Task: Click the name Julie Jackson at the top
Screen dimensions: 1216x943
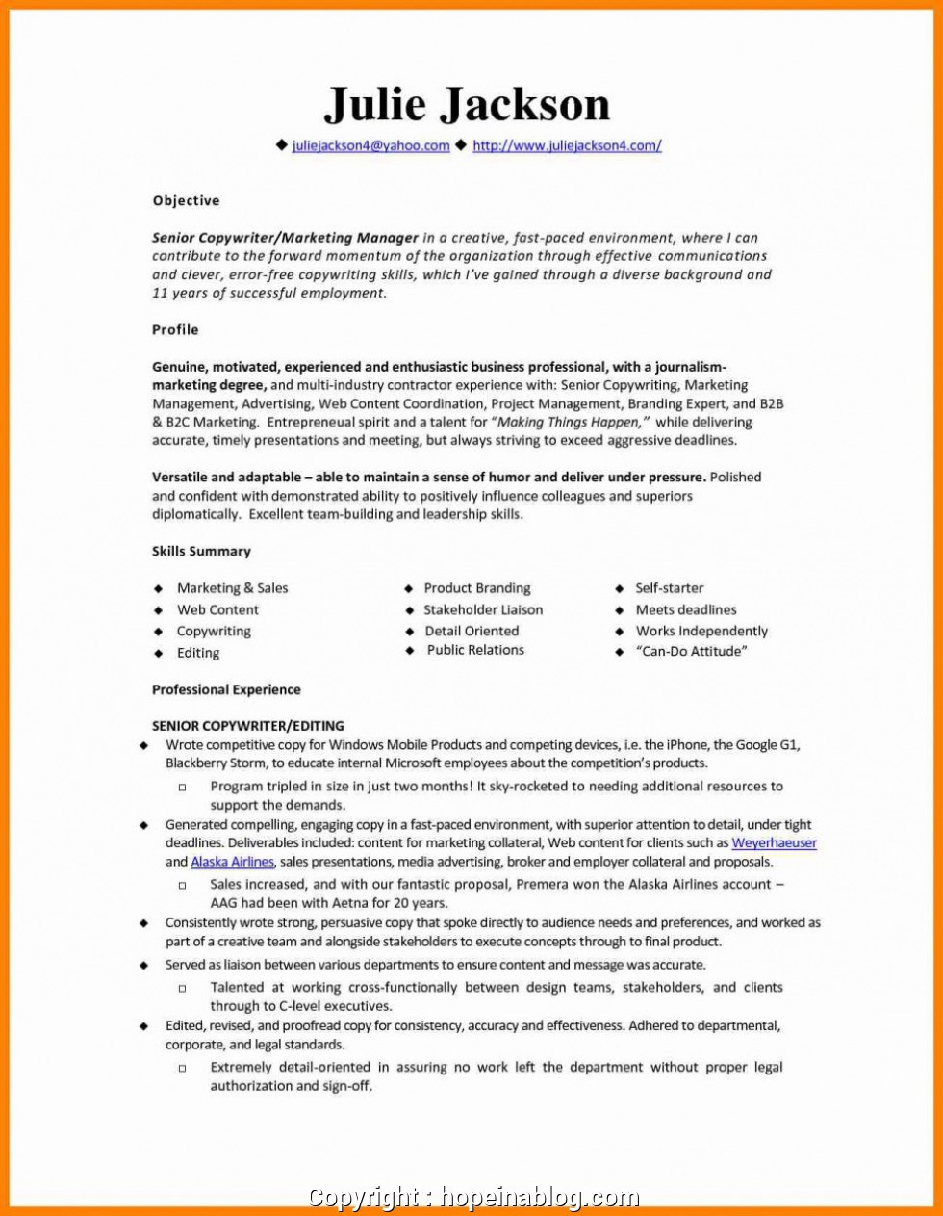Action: coord(467,104)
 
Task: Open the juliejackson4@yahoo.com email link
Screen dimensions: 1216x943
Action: coord(370,146)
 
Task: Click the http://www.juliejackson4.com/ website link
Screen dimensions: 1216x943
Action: coord(567,146)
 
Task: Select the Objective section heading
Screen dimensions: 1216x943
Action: coord(186,200)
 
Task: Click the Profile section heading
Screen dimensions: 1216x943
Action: coord(175,329)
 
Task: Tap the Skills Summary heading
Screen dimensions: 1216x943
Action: coord(201,551)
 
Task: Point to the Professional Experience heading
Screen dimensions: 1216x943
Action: coord(226,689)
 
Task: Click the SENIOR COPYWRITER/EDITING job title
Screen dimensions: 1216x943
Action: coord(247,726)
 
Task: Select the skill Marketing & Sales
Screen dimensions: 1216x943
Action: coord(232,588)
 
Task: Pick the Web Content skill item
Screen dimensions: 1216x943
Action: coord(217,609)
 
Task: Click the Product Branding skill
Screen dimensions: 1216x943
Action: coord(477,588)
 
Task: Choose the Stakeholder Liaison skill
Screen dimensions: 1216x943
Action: coord(483,609)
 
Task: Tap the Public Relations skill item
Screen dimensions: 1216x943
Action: coord(475,650)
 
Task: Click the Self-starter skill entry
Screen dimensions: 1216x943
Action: coord(669,588)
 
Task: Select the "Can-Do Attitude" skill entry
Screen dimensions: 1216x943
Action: coord(691,652)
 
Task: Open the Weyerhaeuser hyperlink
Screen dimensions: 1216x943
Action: coord(774,843)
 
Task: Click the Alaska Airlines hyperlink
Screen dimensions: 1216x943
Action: coord(232,862)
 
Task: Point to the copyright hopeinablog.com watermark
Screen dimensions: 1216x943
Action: coord(472,1198)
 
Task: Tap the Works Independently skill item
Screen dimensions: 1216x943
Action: coord(701,632)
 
